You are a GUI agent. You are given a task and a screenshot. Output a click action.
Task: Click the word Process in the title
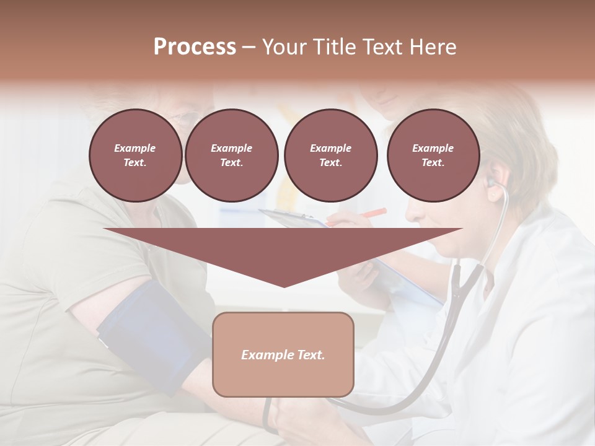pyautogui.click(x=195, y=47)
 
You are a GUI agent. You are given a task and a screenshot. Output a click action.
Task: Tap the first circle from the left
pyautogui.click(x=135, y=155)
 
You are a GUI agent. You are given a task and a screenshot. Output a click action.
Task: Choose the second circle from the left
pyautogui.click(x=231, y=155)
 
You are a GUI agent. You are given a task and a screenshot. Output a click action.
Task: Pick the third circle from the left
pyautogui.click(x=330, y=155)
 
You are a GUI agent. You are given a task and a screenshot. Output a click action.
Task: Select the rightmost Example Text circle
pyautogui.click(x=433, y=155)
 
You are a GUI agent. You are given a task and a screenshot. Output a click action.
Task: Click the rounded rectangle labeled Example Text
pyautogui.click(x=283, y=354)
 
